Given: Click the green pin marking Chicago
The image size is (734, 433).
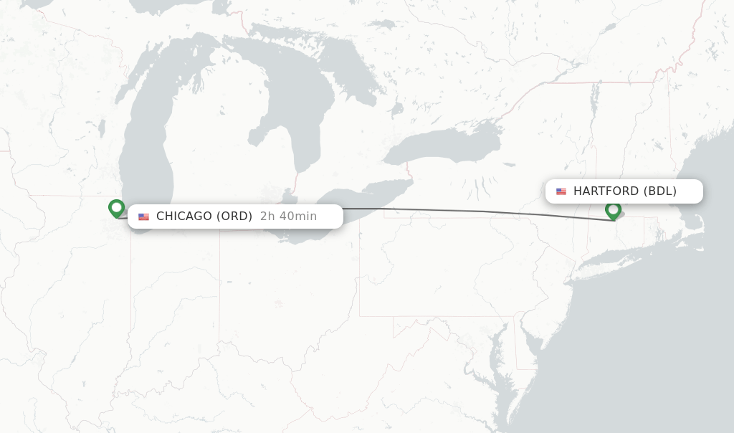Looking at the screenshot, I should (116, 208).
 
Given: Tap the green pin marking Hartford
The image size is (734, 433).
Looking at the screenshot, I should (613, 210).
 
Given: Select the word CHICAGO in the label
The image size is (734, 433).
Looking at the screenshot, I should (184, 216).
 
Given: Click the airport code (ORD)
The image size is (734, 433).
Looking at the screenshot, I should (234, 216).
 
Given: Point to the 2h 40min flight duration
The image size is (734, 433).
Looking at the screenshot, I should (288, 216).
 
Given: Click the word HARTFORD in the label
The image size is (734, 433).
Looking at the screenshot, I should (606, 191).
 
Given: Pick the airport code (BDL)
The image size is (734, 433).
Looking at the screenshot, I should (660, 191).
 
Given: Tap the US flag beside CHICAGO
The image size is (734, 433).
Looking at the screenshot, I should (143, 217).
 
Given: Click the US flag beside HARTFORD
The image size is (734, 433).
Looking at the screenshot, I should (561, 191).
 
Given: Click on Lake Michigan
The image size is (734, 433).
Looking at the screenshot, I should (147, 143).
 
